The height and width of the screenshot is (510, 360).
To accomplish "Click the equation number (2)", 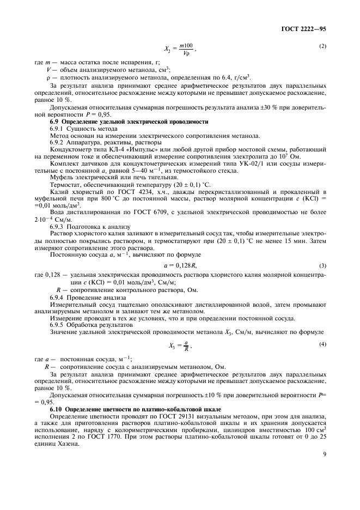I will pos(322,46).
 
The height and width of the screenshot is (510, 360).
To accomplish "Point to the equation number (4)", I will pos(322,343).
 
